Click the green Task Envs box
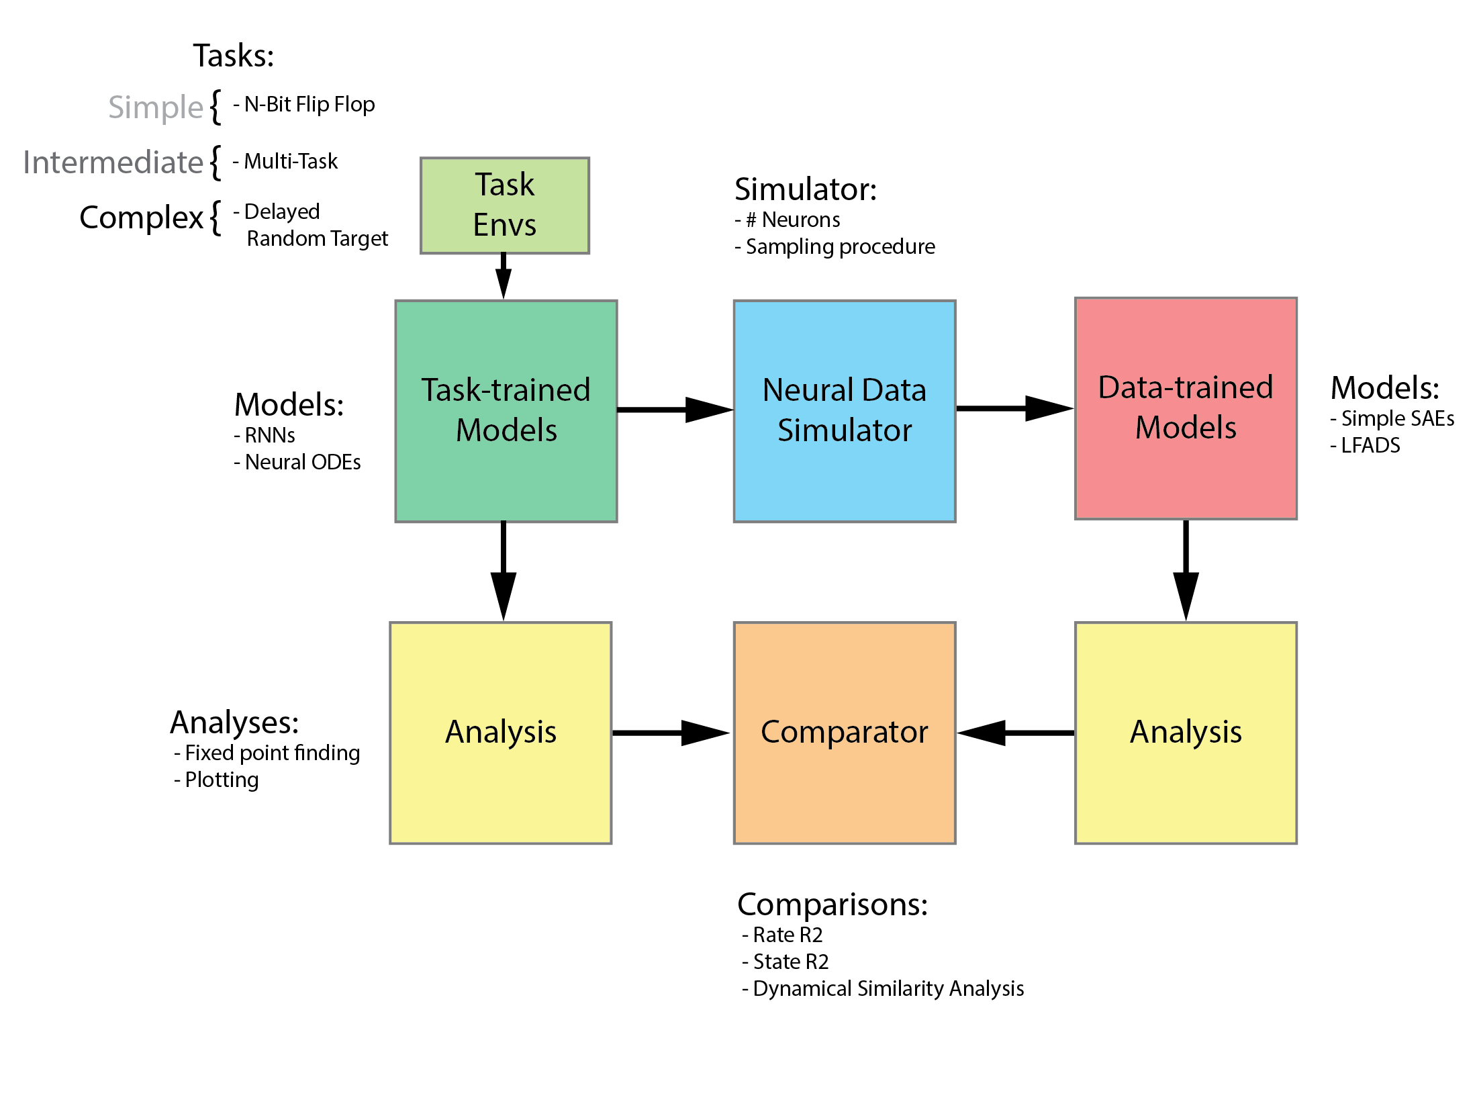pyautogui.click(x=504, y=205)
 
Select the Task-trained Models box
pyautogui.click(x=506, y=410)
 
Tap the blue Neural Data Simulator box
pyautogui.click(x=844, y=410)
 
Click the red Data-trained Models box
pyautogui.click(x=1185, y=408)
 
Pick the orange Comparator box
pyautogui.click(x=844, y=732)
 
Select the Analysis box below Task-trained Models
pyautogui.click(x=500, y=732)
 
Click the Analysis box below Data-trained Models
pyautogui.click(x=1185, y=732)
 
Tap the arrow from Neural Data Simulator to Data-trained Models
pyautogui.click(x=1014, y=408)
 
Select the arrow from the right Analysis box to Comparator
pyautogui.click(x=1015, y=733)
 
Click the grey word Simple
pyautogui.click(x=156, y=107)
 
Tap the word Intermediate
pyautogui.click(x=113, y=163)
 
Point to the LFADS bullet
pyautogui.click(x=1366, y=445)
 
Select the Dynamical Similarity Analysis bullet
pyautogui.click(x=883, y=988)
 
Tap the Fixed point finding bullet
pyautogui.click(x=267, y=753)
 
